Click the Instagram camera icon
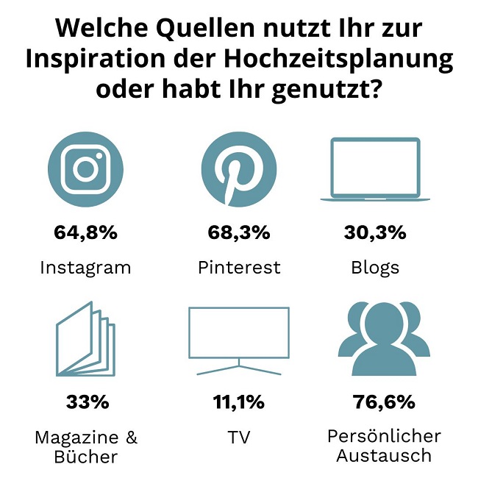(85, 168)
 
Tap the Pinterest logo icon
(239, 168)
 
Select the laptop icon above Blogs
(375, 168)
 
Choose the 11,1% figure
(239, 402)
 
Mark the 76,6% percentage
(384, 402)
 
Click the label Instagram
(85, 267)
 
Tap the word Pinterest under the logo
(239, 267)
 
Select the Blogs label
(375, 267)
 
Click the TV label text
(239, 438)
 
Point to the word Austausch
(384, 455)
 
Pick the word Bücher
(85, 457)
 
